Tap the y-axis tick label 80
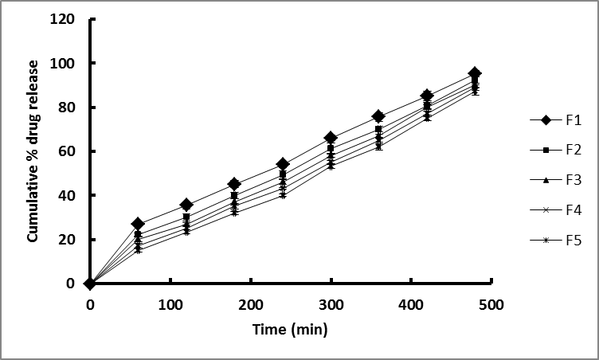[70, 108]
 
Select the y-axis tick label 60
[70, 151]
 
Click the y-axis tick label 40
[70, 195]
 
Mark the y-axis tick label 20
[70, 240]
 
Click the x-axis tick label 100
[170, 304]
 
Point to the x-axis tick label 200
[251, 304]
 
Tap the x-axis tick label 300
[331, 304]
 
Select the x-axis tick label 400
[411, 304]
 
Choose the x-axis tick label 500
[491, 304]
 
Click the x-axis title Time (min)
[290, 329]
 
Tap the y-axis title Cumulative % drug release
[35, 151]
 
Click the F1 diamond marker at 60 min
[138, 224]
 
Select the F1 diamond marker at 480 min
[475, 73]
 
